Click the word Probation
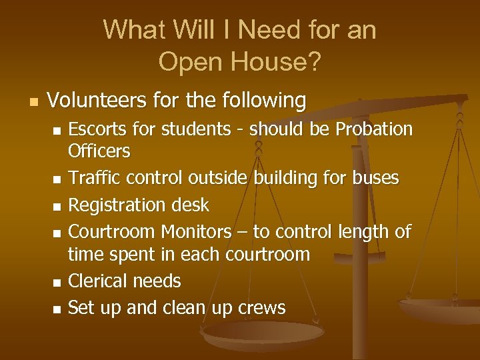pyautogui.click(x=374, y=129)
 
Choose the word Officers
pyautogui.click(x=99, y=151)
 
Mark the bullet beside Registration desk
pyautogui.click(x=57, y=206)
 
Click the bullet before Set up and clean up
pyautogui.click(x=57, y=309)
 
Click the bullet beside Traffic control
pyautogui.click(x=57, y=179)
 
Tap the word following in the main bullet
pyautogui.click(x=263, y=101)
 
